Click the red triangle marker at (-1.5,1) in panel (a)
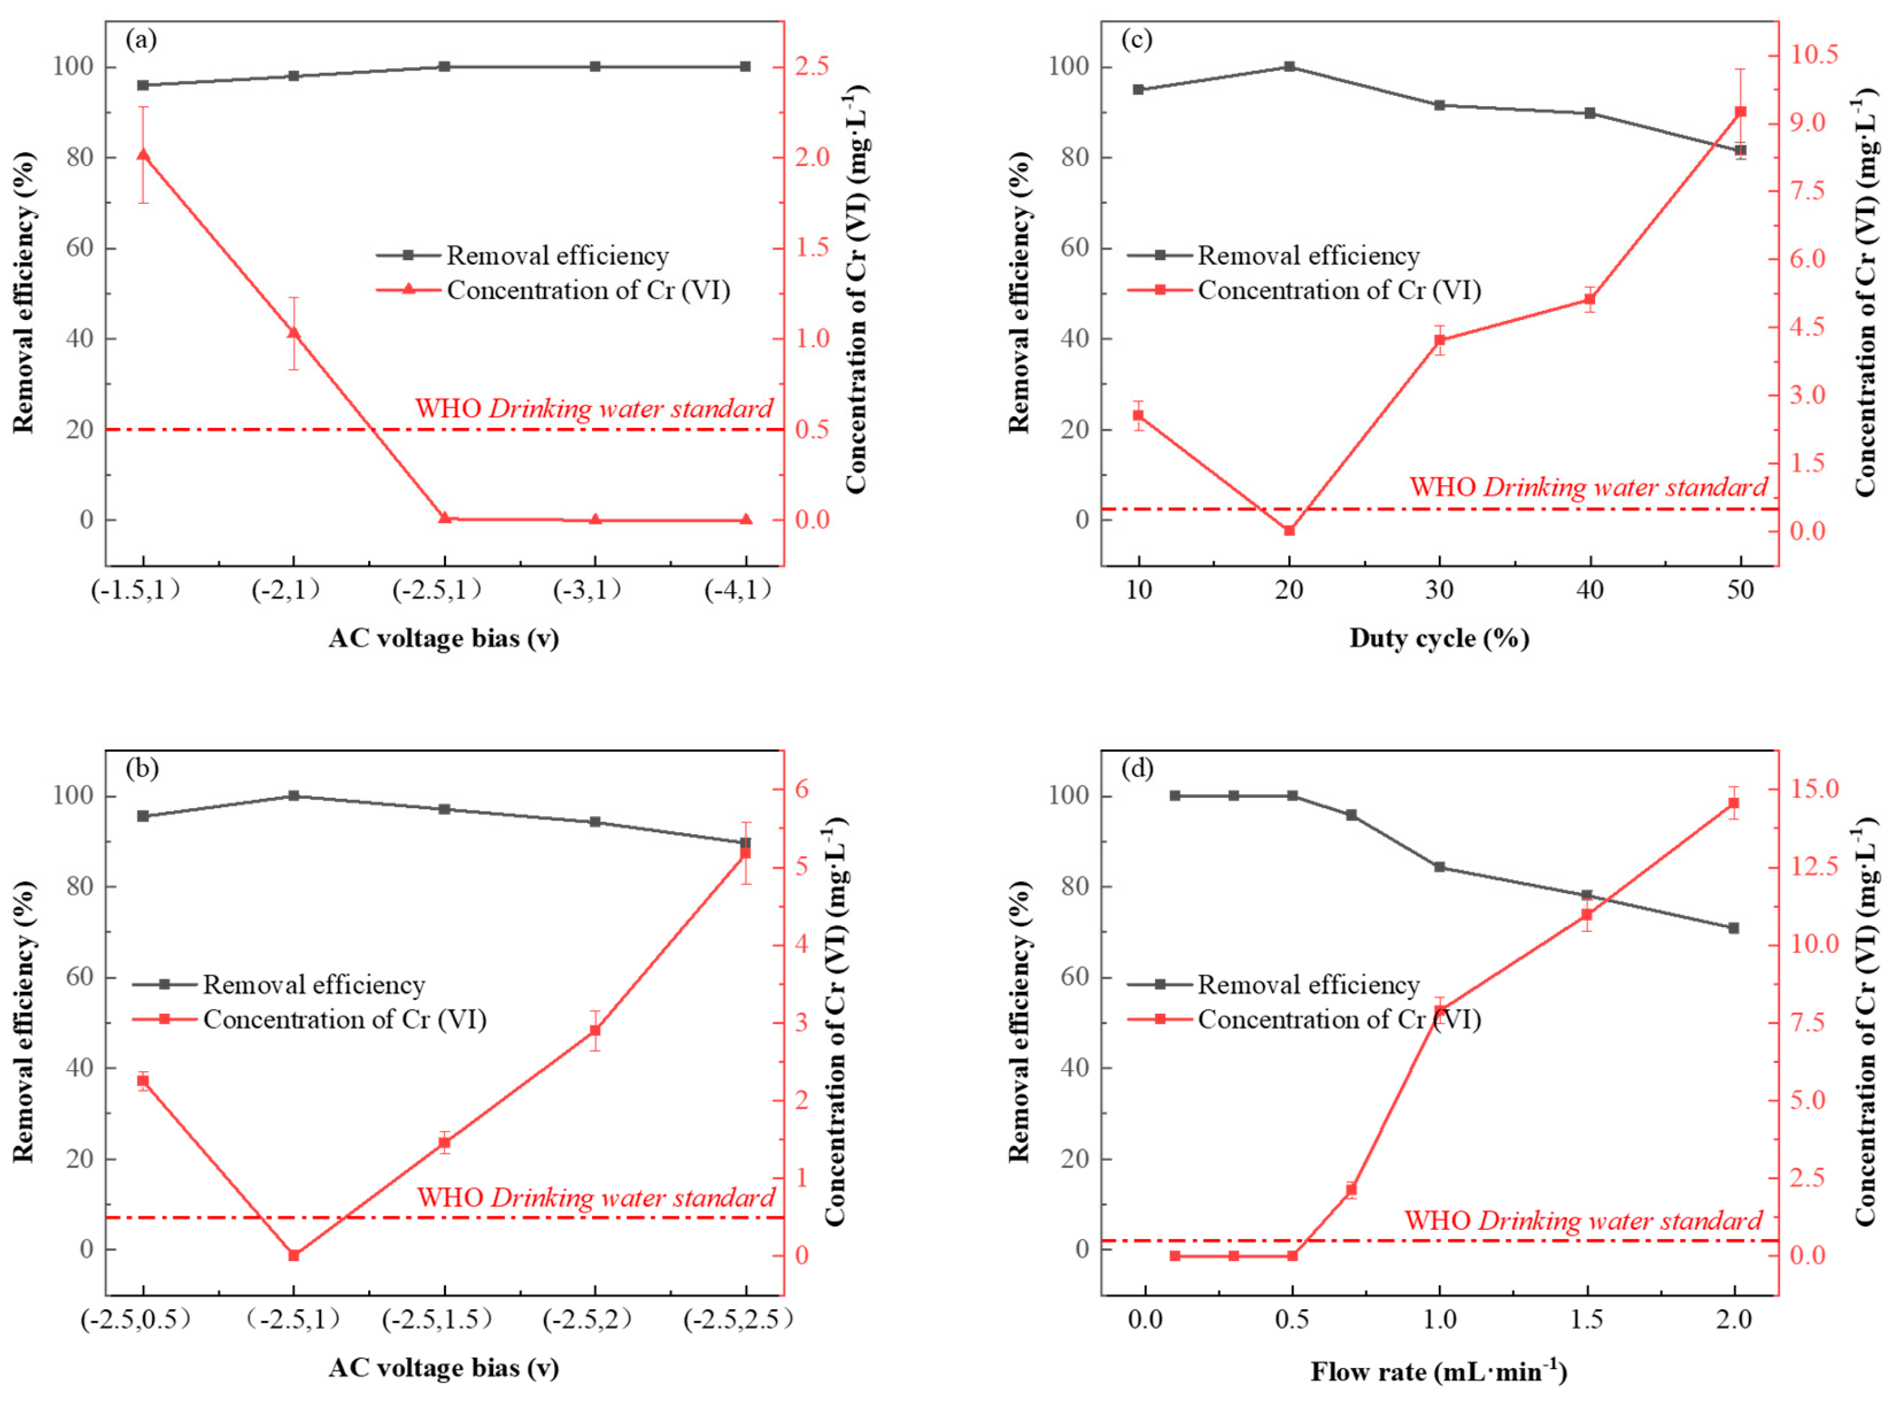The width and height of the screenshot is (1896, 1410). [143, 154]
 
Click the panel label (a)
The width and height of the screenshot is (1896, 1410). [141, 39]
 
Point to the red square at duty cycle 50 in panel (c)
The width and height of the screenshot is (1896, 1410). [1740, 112]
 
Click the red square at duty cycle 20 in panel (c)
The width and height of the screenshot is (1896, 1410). [1289, 530]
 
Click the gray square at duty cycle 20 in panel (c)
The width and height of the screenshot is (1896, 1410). [1289, 67]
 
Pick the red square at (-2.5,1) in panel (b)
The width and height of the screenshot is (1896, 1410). [294, 1256]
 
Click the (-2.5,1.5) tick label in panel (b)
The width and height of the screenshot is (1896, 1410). [436, 1320]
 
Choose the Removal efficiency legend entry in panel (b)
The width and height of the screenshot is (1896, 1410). [313, 985]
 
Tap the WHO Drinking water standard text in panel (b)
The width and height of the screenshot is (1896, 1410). [596, 1198]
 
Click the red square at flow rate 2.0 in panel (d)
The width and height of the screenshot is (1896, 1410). [1734, 803]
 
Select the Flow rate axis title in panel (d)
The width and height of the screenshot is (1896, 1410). [1438, 1372]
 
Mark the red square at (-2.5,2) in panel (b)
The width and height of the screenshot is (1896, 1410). [595, 1030]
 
